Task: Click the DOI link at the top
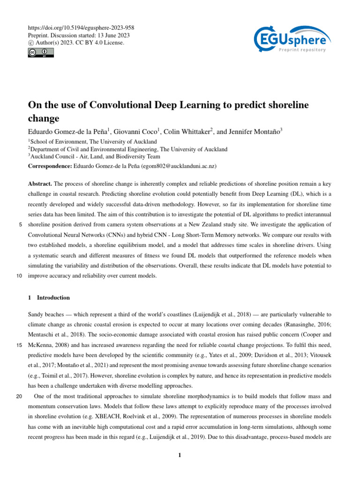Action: pyautogui.click(x=81, y=28)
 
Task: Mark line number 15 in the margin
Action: pyautogui.click(x=19, y=345)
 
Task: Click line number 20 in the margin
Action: pyautogui.click(x=19, y=396)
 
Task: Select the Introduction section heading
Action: pyautogui.click(x=53, y=297)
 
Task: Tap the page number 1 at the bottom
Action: pyautogui.click(x=180, y=455)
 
